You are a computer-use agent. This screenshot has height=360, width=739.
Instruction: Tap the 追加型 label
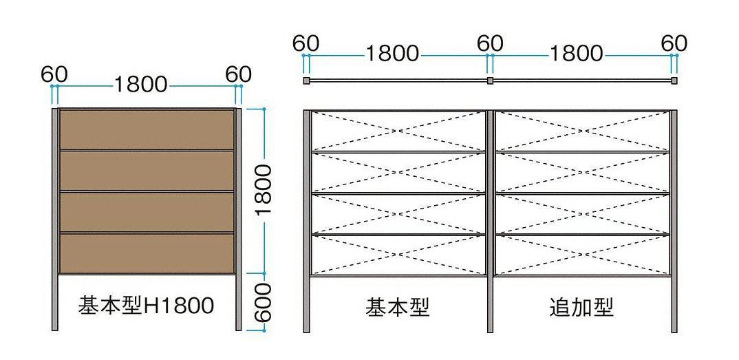(x=581, y=308)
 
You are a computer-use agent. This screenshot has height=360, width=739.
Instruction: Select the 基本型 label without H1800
(x=397, y=308)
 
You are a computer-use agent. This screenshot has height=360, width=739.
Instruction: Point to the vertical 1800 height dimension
(x=265, y=191)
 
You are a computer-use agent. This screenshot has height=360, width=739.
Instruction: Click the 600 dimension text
(x=265, y=302)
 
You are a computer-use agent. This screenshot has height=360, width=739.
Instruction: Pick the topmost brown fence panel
(x=147, y=129)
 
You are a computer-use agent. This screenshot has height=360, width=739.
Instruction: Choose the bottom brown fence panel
(x=147, y=253)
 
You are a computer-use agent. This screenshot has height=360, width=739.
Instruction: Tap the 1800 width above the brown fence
(x=141, y=85)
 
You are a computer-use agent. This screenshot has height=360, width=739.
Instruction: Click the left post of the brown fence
(x=54, y=220)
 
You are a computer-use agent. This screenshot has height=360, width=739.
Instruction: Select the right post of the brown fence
(x=238, y=220)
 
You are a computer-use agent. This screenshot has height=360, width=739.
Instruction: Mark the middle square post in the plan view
(x=490, y=81)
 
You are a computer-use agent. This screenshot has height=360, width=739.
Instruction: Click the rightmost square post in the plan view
(x=674, y=81)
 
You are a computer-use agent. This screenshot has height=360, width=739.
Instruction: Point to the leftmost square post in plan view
(x=306, y=81)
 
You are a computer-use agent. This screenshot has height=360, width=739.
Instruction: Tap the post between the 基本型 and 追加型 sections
(x=490, y=222)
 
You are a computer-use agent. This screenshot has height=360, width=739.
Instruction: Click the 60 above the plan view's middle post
(x=490, y=43)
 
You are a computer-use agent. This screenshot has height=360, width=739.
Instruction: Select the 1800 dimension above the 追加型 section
(x=577, y=54)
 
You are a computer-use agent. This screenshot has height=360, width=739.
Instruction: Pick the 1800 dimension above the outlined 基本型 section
(x=392, y=54)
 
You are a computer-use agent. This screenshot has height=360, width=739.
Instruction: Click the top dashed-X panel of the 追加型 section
(x=582, y=131)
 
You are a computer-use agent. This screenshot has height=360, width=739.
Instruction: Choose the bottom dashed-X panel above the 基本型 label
(x=398, y=255)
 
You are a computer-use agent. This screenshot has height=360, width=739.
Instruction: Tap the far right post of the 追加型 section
(x=674, y=222)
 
